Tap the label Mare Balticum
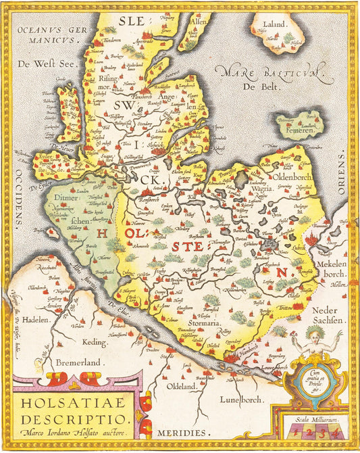(x=269, y=72)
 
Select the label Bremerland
(x=75, y=362)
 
